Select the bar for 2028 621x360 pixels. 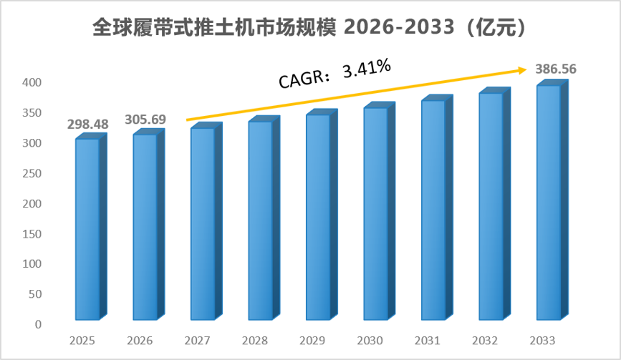pos(264,218)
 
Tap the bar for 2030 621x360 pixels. pos(380,211)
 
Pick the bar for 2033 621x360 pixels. pos(552,200)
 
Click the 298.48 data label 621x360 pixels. pos(87,125)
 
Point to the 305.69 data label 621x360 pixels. pos(145,119)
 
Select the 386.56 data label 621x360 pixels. pos(556,69)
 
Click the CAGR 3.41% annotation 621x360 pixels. pos(335,74)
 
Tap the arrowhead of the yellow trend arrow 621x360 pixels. pos(523,70)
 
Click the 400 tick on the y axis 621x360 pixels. pos(32,82)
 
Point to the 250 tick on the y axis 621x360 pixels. pos(32,173)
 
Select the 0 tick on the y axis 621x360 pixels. pos(38,324)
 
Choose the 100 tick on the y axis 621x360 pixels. pos(32,264)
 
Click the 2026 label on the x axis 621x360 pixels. pos(140,341)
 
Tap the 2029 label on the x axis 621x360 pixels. pos(312,341)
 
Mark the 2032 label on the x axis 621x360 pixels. pos(485,341)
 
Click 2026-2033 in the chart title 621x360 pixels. pos(399,27)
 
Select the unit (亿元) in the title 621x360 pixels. pos(495,27)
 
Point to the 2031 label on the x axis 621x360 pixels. pos(428,341)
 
